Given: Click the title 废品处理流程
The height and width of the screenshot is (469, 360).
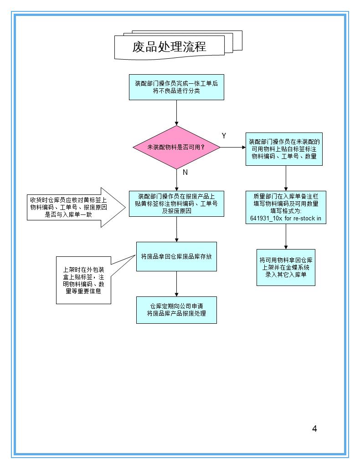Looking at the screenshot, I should point(169,47).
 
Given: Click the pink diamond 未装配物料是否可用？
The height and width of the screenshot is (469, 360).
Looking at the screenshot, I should point(176,148).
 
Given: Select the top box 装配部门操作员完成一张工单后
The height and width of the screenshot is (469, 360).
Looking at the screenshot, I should point(176,87).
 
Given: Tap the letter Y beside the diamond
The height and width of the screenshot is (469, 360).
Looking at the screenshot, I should point(224,136).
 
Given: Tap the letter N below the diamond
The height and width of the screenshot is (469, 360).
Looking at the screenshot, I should point(185,173).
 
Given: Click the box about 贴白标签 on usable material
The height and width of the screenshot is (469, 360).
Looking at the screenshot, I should point(284,149).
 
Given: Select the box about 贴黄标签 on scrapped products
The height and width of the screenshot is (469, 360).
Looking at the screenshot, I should point(176,204).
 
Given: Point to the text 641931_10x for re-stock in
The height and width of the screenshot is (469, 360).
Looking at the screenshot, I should point(286,218).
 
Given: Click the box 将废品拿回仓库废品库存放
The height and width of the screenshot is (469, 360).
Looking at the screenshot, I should point(176,256).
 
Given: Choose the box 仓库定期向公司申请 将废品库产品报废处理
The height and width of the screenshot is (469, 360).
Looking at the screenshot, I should point(176,310).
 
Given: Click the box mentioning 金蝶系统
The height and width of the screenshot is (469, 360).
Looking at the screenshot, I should point(286,267).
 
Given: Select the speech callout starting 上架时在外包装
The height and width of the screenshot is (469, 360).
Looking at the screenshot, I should point(84,280).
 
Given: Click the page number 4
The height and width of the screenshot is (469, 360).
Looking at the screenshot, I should point(314,428).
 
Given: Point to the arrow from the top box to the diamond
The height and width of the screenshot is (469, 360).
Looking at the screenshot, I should point(176,112).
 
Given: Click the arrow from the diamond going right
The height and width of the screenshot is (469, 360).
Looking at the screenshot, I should point(233,148).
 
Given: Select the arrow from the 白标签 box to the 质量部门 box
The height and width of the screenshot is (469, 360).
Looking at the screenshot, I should point(286,178).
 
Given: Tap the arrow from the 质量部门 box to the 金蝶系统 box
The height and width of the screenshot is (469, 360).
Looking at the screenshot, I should point(286,236).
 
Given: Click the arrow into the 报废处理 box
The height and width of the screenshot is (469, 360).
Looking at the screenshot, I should point(176,284).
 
